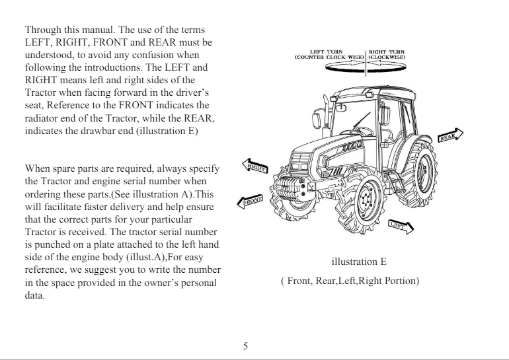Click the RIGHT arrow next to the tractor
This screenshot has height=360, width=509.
[255, 166]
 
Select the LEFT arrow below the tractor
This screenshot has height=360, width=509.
[400, 226]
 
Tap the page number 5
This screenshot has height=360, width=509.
[245, 345]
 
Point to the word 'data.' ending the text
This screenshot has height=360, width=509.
[35, 295]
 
